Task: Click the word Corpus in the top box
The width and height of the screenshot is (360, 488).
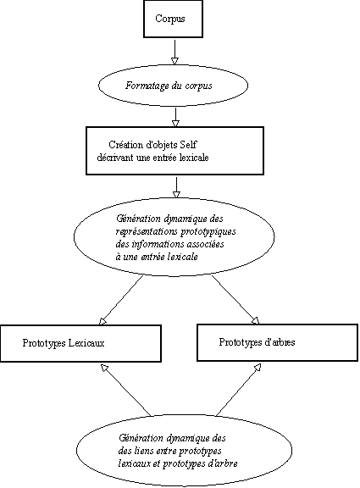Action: tap(170, 19)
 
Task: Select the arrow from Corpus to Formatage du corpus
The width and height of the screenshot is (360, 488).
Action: tap(174, 52)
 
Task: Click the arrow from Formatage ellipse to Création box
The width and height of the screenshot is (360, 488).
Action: tap(176, 117)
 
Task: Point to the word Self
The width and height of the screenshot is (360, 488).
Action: tap(189, 145)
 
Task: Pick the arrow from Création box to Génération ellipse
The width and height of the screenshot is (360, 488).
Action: tap(176, 187)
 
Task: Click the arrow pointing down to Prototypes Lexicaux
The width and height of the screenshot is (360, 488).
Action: tap(121, 300)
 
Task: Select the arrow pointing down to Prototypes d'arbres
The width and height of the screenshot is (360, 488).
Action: tap(235, 300)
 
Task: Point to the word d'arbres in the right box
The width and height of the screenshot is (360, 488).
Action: tap(280, 342)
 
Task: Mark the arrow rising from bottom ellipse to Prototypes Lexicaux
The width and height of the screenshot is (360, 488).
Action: tap(125, 390)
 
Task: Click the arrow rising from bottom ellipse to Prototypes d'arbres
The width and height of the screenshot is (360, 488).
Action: tap(238, 390)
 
